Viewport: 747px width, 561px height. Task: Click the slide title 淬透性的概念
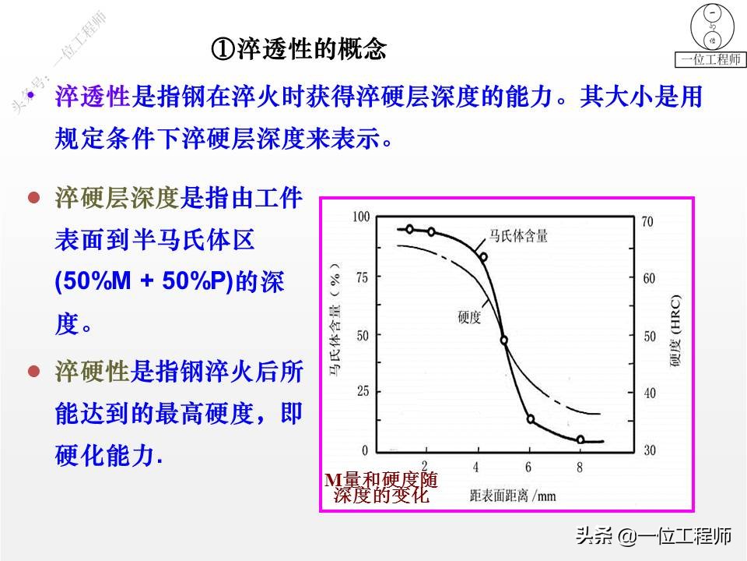(x=300, y=51)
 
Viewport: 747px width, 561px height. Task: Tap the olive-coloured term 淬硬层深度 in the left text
(x=117, y=198)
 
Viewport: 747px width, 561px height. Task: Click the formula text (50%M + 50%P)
(x=145, y=283)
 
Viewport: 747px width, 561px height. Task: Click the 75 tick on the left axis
(x=362, y=276)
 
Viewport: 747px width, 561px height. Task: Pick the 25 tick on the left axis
(x=362, y=392)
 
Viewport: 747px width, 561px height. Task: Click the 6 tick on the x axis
(x=529, y=467)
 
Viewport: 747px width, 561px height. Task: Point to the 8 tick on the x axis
(x=580, y=467)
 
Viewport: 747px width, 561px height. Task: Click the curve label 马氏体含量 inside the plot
(x=518, y=235)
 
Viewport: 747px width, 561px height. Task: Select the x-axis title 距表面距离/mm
(x=513, y=494)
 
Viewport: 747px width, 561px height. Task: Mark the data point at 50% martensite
(x=504, y=340)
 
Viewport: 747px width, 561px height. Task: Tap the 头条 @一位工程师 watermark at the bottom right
(x=653, y=536)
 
